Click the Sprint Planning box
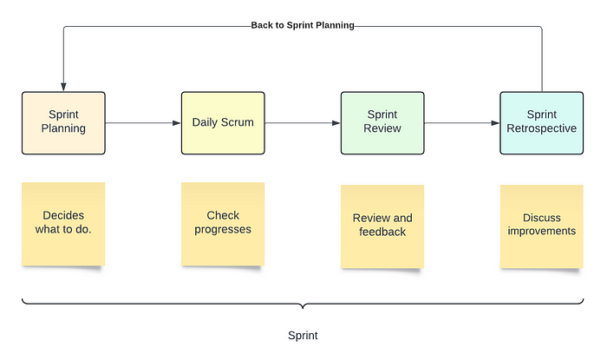(x=63, y=122)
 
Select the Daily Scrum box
(x=223, y=122)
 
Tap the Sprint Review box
(x=382, y=122)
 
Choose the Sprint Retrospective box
(x=542, y=122)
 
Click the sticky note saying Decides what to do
(x=63, y=223)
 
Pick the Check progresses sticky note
(x=223, y=223)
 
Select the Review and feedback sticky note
(x=382, y=226)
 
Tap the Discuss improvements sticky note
(x=542, y=226)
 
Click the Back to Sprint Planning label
(x=303, y=25)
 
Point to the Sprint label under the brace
(x=303, y=335)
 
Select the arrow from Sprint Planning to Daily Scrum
(x=143, y=122)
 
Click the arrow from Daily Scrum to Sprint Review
(x=303, y=122)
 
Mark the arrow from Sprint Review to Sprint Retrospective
(x=462, y=122)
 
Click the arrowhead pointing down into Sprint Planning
(x=63, y=87)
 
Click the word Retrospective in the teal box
(x=542, y=129)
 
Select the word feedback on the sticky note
(x=382, y=232)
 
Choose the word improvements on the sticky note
(x=542, y=232)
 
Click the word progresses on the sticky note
(x=223, y=230)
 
